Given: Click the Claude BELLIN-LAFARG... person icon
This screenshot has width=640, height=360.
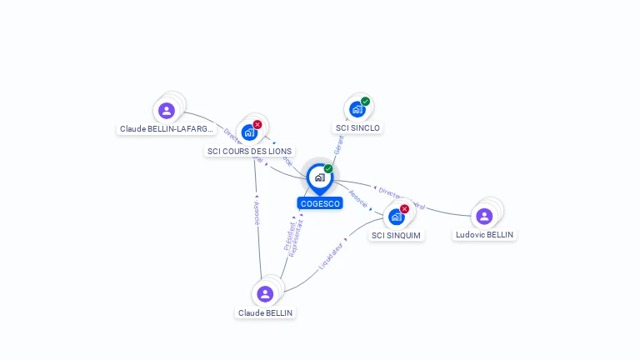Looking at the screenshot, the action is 167,110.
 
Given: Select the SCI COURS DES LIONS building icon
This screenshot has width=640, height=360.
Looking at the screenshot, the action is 249,132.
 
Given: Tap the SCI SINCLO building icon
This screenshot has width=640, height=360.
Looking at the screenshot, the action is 357,109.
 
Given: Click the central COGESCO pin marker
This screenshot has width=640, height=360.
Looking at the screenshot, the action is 319,177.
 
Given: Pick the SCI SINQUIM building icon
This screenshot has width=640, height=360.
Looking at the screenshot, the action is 397,217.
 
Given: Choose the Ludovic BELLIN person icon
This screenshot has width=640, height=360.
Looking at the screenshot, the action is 484,217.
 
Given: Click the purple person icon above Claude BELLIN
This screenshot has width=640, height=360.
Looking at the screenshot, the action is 265,293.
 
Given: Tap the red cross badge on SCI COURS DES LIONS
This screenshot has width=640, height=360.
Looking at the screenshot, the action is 257,124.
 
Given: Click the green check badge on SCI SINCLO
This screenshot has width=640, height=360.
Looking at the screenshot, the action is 365,102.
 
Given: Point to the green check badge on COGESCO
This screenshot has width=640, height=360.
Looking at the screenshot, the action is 328,169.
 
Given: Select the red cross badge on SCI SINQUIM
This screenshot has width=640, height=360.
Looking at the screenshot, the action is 405,209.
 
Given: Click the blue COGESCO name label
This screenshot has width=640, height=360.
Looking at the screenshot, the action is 320,203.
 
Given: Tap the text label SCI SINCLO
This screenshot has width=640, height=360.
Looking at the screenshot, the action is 357,128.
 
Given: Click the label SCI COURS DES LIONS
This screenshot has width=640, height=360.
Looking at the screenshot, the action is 249,151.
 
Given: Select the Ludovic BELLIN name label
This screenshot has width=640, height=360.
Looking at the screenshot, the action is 484,235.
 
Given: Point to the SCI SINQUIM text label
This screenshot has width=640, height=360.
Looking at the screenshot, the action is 396,236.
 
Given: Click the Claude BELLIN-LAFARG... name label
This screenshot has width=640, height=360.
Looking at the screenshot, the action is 167,129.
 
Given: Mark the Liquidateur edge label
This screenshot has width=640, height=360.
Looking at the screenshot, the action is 331,256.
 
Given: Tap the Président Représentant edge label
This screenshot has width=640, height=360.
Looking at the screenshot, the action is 293,236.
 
